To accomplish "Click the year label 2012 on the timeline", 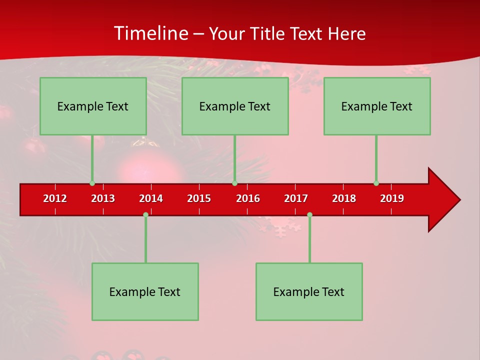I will pyautogui.click(x=55, y=198).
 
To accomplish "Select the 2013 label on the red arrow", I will pyautogui.click(x=103, y=198).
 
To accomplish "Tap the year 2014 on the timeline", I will pyautogui.click(x=151, y=198).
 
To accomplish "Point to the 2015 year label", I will pyautogui.click(x=199, y=198).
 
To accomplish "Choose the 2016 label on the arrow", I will pyautogui.click(x=248, y=198).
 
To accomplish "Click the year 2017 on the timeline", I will pyautogui.click(x=296, y=198).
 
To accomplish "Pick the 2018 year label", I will pyautogui.click(x=344, y=198).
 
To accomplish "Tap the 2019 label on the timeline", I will pyautogui.click(x=392, y=198).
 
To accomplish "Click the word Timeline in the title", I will pyautogui.click(x=150, y=33).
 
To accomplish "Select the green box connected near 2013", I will pyautogui.click(x=93, y=106).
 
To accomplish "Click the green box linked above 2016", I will pyautogui.click(x=235, y=106).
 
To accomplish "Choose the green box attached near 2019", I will pyautogui.click(x=377, y=106).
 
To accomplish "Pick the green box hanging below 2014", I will pyautogui.click(x=145, y=291).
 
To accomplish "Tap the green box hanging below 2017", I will pyautogui.click(x=309, y=291).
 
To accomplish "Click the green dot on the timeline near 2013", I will pyautogui.click(x=92, y=183).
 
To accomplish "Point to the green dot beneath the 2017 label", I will pyautogui.click(x=309, y=215).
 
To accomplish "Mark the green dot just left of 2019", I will pyautogui.click(x=376, y=183).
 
